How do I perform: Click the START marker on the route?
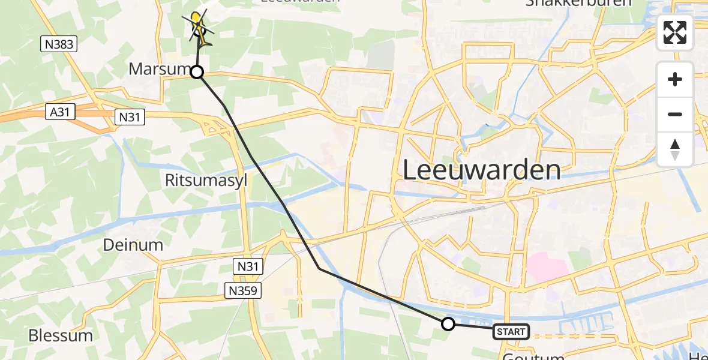(511, 332)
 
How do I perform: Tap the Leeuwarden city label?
(481, 170)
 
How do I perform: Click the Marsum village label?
(159, 70)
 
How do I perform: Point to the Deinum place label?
(133, 245)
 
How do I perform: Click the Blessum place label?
(61, 335)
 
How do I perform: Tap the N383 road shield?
(59, 43)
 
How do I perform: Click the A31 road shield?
(60, 111)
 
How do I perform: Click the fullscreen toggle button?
(675, 32)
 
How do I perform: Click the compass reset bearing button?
(675, 149)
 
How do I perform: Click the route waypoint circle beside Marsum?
(197, 73)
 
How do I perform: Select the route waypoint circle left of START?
(448, 325)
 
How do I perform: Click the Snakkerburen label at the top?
(578, 2)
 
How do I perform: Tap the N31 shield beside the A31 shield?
(128, 117)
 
